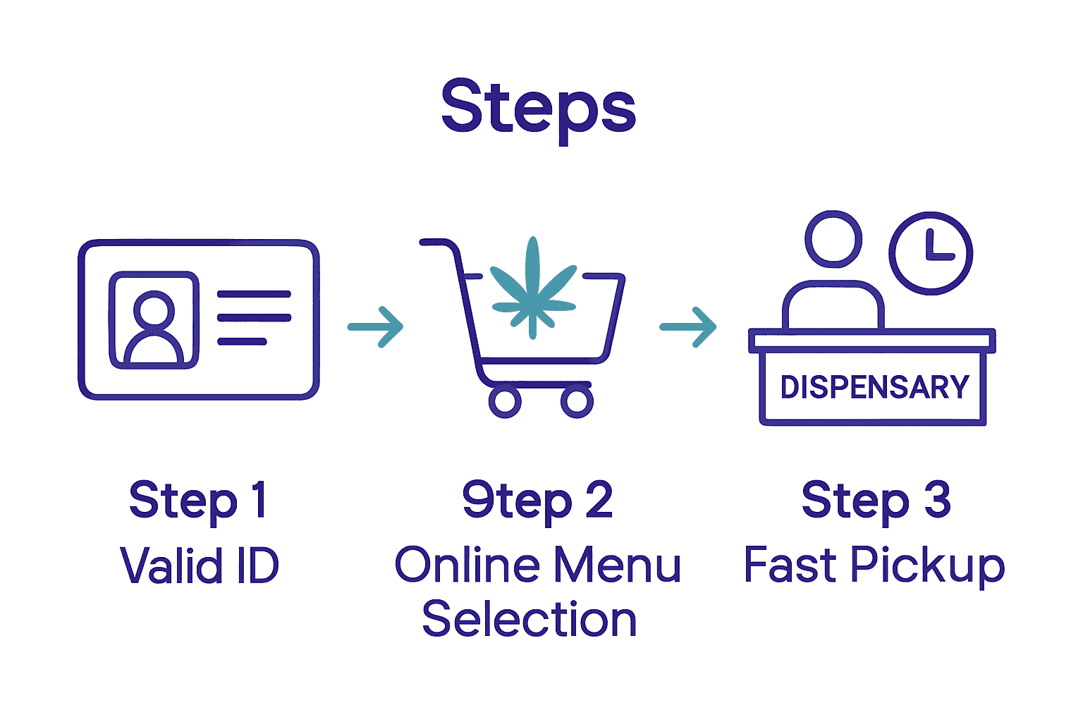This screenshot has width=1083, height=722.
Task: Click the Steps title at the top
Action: point(539,107)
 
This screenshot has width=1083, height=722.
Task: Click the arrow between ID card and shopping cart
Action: point(377,326)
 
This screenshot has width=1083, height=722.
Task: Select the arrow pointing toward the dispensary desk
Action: point(688,326)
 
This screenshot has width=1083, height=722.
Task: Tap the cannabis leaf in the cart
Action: point(533,289)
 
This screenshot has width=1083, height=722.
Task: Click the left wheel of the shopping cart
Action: point(505,401)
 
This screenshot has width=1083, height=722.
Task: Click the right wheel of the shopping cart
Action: point(577,401)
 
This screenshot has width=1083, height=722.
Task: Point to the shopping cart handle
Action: point(437,243)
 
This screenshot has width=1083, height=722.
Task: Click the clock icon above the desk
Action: point(931,253)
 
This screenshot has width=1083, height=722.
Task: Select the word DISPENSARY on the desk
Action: point(874,387)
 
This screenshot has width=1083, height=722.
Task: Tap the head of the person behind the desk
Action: point(833,239)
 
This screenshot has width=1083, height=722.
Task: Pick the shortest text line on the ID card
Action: point(242,341)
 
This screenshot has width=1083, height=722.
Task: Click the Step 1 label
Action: point(198,501)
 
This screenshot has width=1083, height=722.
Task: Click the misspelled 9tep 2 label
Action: point(537,501)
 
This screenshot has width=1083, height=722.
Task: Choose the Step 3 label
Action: point(876,501)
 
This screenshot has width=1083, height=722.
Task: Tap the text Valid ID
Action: point(200,565)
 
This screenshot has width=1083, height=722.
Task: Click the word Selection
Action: point(530,620)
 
